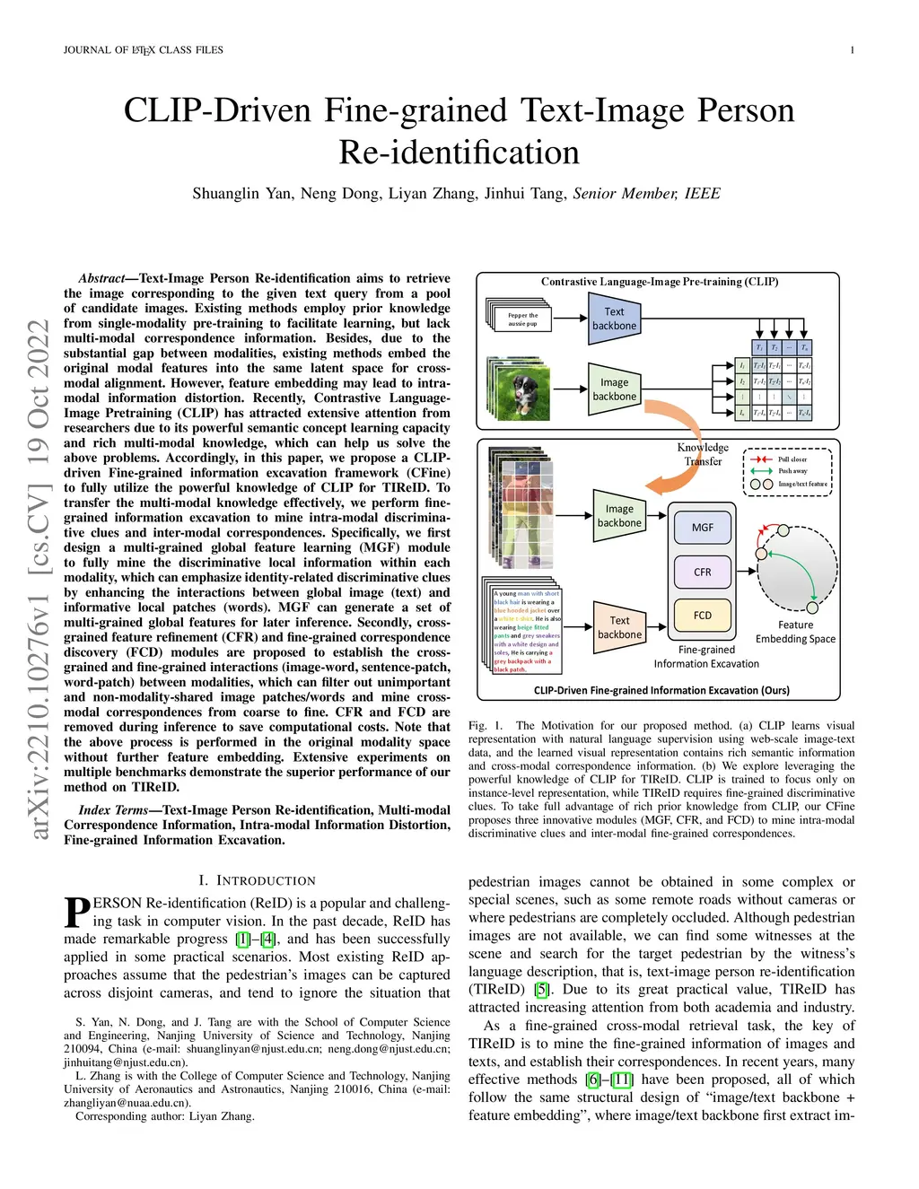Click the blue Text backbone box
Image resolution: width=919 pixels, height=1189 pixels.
coord(614,319)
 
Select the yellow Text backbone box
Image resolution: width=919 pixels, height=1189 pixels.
coord(619,627)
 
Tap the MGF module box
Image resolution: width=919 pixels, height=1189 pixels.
coord(702,528)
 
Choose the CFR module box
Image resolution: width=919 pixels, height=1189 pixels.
coord(702,572)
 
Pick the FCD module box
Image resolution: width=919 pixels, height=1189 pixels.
coord(702,616)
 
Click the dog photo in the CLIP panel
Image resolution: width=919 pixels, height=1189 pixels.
coord(518,389)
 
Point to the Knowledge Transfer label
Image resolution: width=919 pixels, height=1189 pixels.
coord(703,454)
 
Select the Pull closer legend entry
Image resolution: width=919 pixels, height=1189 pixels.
coord(792,459)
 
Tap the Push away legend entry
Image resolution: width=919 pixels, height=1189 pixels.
coord(792,471)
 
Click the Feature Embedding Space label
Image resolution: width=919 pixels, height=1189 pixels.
coord(795,632)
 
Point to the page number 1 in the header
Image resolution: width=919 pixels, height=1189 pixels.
coord(852,50)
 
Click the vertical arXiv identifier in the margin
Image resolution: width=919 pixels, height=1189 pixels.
coord(39,580)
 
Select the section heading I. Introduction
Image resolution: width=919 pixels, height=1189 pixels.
coord(257,881)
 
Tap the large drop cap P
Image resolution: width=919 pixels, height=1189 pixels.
coord(77,913)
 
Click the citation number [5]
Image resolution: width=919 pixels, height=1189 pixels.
coord(541,990)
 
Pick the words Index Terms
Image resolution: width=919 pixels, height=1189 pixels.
coord(113,810)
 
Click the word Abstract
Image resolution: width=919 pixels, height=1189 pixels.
coord(101,279)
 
